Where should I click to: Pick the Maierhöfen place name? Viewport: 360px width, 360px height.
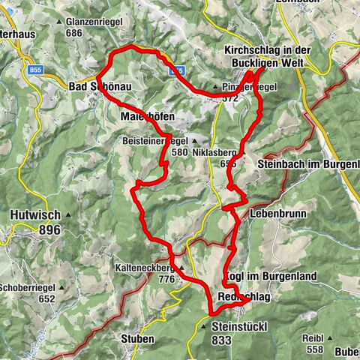pos(147,118)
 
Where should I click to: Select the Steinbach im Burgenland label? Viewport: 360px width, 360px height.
pos(308,164)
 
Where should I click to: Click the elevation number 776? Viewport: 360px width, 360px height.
pos(166,279)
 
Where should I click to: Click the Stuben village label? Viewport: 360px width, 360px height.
pos(136,339)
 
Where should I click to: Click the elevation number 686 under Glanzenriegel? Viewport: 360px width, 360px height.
pos(73,33)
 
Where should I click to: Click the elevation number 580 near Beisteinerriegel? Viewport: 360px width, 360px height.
pos(179,151)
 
